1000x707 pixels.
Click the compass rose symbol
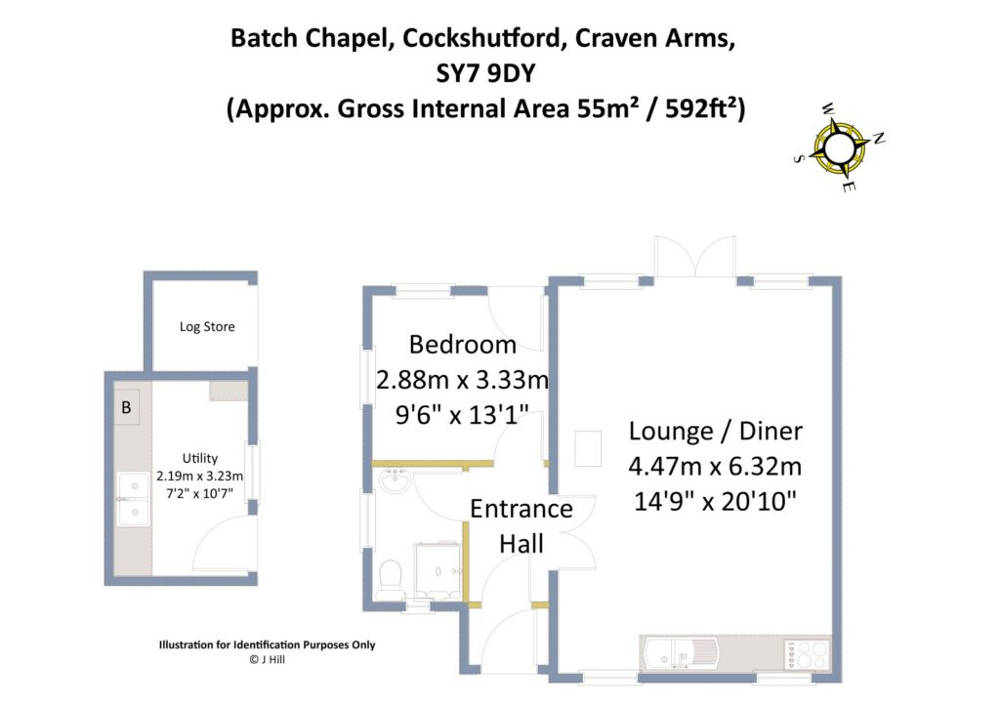point(839,146)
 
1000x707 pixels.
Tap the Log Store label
point(207,326)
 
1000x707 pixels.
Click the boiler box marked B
point(126,408)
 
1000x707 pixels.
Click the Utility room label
point(199,458)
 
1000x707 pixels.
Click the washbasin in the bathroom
point(396,480)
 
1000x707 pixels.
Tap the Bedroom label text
point(462,345)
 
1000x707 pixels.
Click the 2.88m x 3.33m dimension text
point(462,379)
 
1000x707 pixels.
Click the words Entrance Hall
point(521,526)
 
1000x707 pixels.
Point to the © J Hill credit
point(267,659)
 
